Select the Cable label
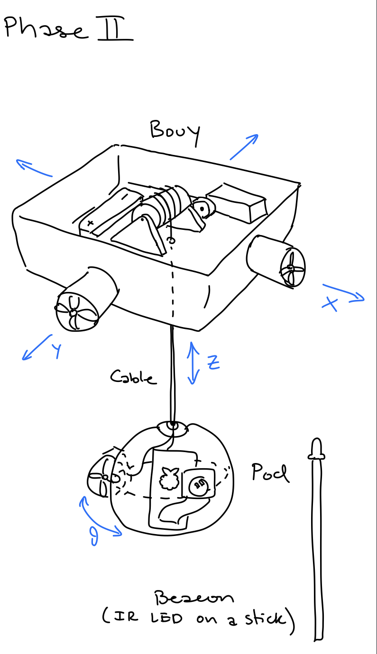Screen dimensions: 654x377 click(x=132, y=377)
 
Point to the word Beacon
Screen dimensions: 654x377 click(x=194, y=598)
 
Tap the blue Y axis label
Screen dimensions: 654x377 click(x=56, y=351)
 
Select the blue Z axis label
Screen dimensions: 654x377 click(x=213, y=362)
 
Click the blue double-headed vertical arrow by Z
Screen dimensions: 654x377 click(x=193, y=363)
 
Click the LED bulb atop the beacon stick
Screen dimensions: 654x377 click(x=316, y=449)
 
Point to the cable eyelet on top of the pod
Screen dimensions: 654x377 click(x=173, y=426)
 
